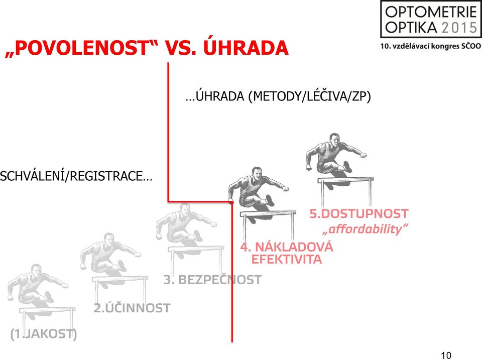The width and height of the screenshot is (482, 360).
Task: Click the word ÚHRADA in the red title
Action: [246, 48]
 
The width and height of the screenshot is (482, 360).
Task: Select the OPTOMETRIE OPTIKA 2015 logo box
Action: [431, 19]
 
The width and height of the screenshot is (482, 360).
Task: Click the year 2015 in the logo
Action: [459, 28]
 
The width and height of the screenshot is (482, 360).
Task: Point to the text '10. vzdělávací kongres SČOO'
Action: [431, 46]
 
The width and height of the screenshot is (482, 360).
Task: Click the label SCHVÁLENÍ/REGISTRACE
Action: [76, 176]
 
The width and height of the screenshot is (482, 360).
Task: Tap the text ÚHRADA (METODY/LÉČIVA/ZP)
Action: [278, 96]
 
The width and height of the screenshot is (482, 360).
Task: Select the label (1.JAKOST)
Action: [44, 334]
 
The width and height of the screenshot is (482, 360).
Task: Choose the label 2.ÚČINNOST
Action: [132, 308]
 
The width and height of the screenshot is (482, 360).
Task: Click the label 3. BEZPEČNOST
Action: [212, 280]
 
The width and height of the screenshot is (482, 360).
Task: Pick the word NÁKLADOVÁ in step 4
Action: [294, 247]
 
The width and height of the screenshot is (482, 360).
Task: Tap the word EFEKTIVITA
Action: [287, 259]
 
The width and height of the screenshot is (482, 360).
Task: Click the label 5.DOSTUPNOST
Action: [358, 213]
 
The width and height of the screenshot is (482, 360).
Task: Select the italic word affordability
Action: [366, 229]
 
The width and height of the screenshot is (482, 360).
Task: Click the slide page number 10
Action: [446, 355]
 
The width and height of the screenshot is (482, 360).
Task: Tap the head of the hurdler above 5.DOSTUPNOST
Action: [334, 140]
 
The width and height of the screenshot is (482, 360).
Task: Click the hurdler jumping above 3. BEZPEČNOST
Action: [186, 224]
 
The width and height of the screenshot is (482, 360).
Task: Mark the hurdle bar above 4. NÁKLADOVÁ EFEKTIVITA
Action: [268, 213]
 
